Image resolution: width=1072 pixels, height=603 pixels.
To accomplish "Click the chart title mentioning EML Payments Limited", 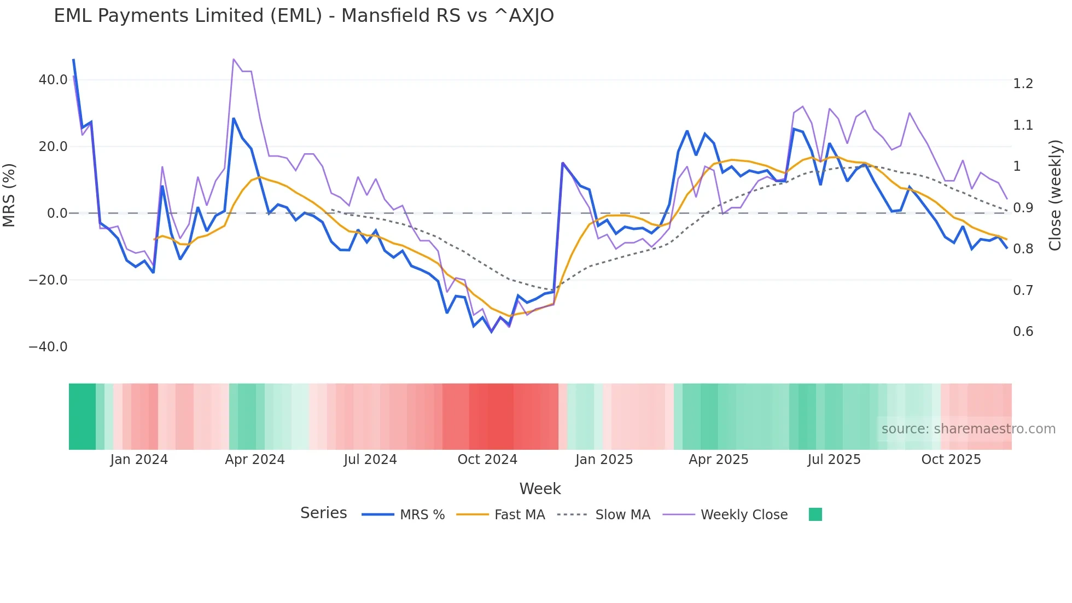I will coord(304,16).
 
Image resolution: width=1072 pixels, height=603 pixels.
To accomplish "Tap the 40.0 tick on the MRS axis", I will coord(53,80).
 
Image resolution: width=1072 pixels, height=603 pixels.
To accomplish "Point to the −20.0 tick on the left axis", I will coord(48,280).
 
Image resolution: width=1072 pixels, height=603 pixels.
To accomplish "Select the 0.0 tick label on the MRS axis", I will coord(57,213).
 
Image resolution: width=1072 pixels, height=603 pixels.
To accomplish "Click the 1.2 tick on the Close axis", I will coord(1023,84).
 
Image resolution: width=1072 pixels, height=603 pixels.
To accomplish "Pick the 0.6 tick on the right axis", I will coord(1023,332).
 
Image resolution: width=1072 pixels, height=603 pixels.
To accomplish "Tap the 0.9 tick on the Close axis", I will coord(1023,208).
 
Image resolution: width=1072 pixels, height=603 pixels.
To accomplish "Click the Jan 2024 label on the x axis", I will coord(139,460).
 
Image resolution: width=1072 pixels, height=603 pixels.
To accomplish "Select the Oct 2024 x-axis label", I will coord(487,460).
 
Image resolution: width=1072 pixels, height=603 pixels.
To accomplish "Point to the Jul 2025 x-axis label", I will coord(834,460).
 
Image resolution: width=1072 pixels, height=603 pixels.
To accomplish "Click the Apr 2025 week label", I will coord(718,460).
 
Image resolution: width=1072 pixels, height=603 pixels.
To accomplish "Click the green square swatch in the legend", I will coord(815,514).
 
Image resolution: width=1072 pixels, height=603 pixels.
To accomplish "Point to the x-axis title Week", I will coord(540,489).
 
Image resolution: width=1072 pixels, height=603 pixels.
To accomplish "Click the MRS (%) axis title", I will coord(9,195).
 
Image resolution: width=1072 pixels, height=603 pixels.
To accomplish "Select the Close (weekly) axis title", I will coord(1055,195).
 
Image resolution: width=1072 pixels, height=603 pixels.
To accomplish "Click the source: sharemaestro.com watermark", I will coord(968,429).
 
